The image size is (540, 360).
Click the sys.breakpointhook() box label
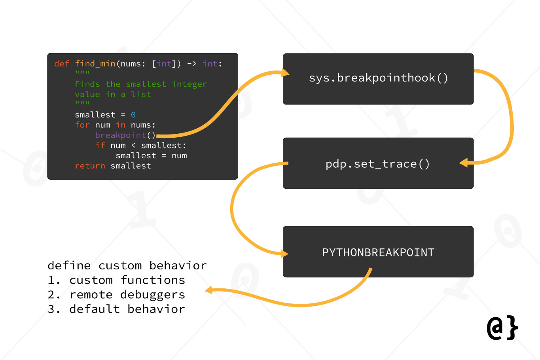[378, 78]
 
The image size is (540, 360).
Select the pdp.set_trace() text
[377, 164]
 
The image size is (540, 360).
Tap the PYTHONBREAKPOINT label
[378, 252]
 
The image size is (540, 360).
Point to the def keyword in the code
[61, 64]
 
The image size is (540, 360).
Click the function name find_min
[95, 64]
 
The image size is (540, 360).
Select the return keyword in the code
[90, 166]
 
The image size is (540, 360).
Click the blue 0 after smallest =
[133, 115]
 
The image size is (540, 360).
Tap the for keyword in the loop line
[82, 125]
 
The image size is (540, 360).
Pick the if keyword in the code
[100, 146]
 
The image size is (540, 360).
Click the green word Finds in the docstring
[87, 84]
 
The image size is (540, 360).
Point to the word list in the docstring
[141, 95]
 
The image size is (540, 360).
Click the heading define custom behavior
[127, 265]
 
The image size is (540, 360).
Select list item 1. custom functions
[116, 280]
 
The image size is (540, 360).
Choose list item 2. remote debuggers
[116, 295]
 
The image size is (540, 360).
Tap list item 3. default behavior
[116, 309]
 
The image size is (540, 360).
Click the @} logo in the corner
[502, 328]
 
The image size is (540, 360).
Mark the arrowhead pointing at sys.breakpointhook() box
[285, 73]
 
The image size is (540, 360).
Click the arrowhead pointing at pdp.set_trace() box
[464, 163]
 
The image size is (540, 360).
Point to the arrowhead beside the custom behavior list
[209, 291]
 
